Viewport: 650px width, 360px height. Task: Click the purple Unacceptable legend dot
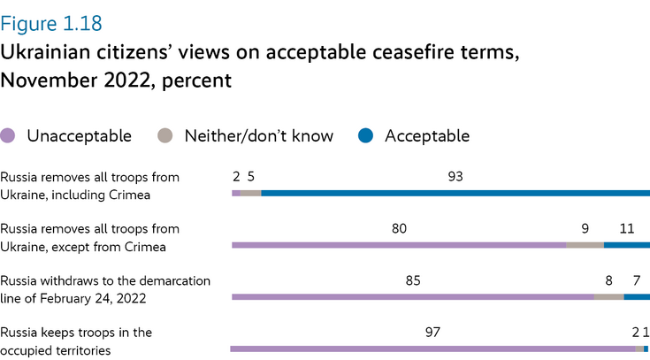9,136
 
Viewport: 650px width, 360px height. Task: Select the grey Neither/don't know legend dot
165,136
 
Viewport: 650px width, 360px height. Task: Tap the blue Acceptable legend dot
366,136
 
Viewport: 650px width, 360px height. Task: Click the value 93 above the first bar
455,177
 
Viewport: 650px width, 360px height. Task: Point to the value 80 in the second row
399,229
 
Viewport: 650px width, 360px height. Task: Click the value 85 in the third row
412,281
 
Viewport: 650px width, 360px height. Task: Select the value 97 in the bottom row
432,333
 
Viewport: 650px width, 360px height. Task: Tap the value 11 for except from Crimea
627,229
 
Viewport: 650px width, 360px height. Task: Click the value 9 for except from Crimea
585,229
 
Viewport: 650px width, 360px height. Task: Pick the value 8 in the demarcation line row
608,281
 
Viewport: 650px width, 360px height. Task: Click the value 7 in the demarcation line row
636,281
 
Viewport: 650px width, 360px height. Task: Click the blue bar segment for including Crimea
455,193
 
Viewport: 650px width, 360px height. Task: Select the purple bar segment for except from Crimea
398,245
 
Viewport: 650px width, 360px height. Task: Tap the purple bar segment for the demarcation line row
412,297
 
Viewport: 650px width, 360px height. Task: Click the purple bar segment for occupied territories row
432,349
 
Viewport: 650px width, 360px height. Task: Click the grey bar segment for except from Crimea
585,245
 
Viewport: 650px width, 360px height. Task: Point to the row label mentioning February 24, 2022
104,289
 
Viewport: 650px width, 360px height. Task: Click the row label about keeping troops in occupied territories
76,341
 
